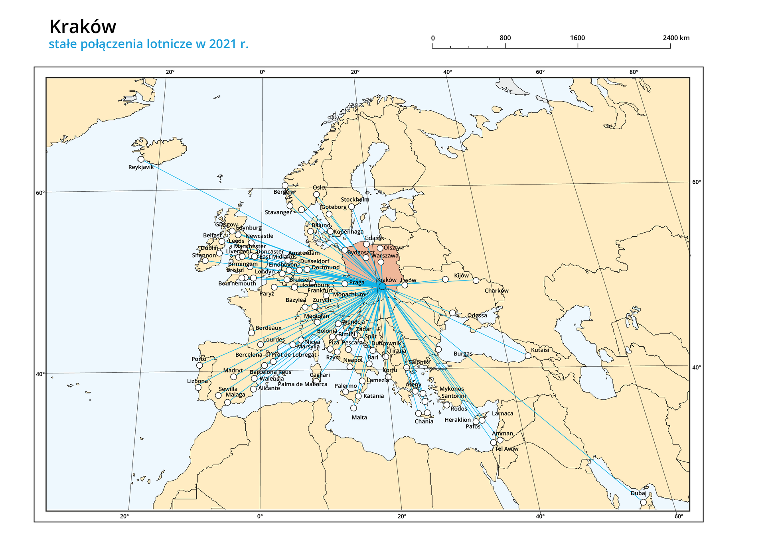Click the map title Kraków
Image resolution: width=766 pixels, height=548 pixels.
coord(83,27)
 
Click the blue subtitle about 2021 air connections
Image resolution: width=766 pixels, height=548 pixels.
coord(148,44)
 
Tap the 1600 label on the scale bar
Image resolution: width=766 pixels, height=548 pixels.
coord(577,38)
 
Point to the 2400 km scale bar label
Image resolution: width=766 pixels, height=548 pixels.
coord(676,38)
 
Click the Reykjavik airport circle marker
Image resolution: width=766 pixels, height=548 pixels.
coord(141,159)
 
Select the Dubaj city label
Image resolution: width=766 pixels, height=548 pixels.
coord(638,493)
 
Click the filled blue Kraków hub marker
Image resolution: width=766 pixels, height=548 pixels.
coord(382,286)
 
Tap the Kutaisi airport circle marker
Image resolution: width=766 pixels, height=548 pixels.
coord(528,355)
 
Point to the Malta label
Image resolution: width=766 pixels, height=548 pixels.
coord(359,417)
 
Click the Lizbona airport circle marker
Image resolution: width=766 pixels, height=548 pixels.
coord(198,387)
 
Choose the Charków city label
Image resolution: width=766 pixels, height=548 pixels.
coord(496,291)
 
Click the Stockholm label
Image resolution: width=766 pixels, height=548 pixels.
coord(355,199)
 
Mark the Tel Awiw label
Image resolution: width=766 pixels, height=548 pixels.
coord(506,449)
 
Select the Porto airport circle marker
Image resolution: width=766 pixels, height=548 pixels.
coord(199,365)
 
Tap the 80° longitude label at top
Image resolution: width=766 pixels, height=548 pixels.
coord(634,72)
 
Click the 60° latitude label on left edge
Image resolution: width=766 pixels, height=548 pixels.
coord(40,193)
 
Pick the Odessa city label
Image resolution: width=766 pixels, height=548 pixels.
coord(477,315)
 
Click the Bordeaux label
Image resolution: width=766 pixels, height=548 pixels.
coord(268,328)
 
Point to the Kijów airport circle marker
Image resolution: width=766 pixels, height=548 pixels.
coord(445,279)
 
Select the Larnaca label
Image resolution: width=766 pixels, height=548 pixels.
coord(502,413)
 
